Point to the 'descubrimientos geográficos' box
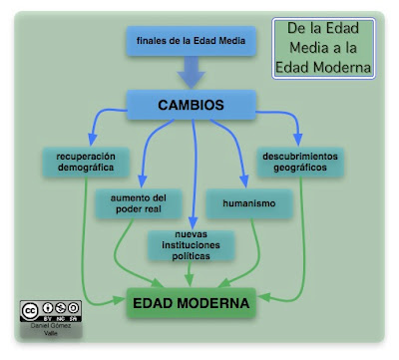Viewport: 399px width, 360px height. [300, 163]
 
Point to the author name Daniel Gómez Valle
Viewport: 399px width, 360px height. [51, 328]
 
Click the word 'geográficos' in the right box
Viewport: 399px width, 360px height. [300, 169]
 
